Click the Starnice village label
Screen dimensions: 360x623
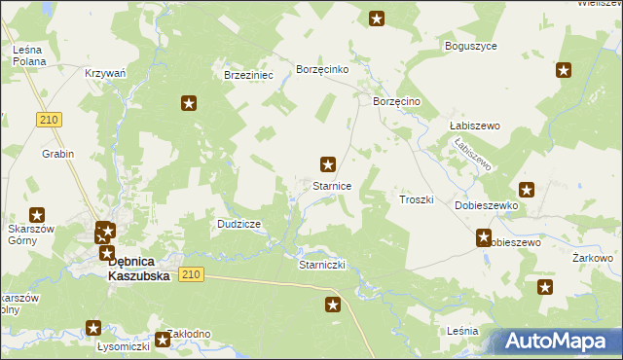(x=331, y=185)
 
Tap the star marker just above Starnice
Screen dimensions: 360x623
(x=329, y=164)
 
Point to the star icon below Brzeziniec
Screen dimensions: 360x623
(x=189, y=102)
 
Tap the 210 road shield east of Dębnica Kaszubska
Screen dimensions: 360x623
(x=191, y=275)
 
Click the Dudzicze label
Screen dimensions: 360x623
(x=238, y=224)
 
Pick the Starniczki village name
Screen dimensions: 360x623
(x=322, y=265)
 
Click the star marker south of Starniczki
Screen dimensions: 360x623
(x=333, y=306)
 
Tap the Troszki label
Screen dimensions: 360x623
(x=416, y=198)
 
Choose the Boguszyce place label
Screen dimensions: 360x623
(x=471, y=46)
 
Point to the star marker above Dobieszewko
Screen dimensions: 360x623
(x=527, y=190)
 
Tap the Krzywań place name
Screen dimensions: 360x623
(x=105, y=74)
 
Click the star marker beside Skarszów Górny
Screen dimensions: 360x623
(x=37, y=215)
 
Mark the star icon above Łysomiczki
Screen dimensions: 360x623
(x=93, y=328)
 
